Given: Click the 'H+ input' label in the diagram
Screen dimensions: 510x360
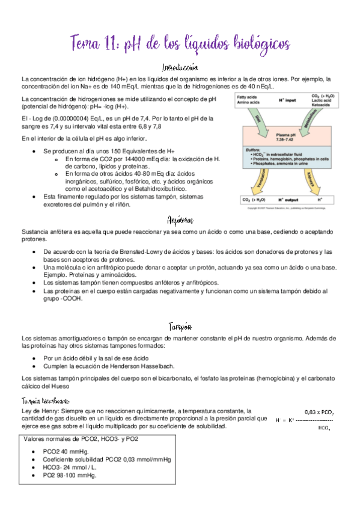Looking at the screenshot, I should [x=287, y=100].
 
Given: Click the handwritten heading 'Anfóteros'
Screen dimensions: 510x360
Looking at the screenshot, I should [x=180, y=220].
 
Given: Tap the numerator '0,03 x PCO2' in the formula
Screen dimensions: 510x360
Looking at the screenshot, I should [x=319, y=412].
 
